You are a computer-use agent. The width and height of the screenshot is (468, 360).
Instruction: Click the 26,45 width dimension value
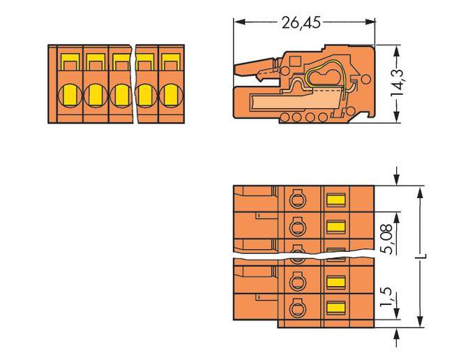(x=301, y=22)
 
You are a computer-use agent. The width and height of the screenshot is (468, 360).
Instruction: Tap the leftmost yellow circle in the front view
(x=70, y=94)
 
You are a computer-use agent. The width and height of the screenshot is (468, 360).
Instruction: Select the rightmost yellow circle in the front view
(x=169, y=94)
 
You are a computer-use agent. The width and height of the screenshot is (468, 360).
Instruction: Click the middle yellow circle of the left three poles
(x=96, y=94)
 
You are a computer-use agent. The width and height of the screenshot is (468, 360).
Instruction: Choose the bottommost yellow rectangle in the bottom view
(x=337, y=308)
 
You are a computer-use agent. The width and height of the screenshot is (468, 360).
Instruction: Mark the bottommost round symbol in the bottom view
(x=296, y=308)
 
